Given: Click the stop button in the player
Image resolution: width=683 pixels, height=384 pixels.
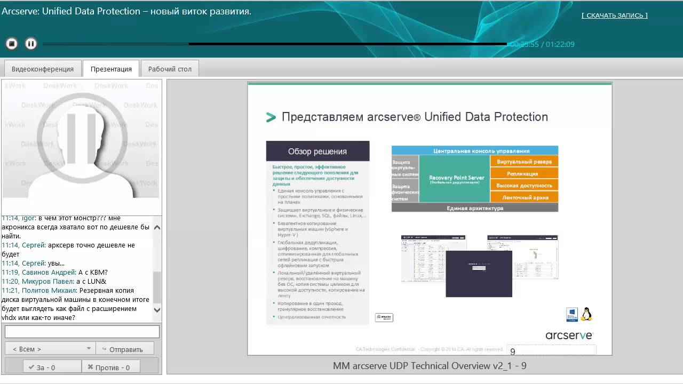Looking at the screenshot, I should [x=12, y=44].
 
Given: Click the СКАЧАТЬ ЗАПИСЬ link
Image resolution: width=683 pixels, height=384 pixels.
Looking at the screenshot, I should [x=615, y=15].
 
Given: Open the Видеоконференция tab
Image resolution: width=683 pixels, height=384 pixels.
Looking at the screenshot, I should [x=43, y=69].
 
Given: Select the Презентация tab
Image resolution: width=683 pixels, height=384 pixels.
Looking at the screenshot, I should [x=111, y=69].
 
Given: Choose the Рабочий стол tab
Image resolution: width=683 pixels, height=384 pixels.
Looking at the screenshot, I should [x=170, y=69].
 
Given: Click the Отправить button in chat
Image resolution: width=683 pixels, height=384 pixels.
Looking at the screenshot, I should [x=125, y=349].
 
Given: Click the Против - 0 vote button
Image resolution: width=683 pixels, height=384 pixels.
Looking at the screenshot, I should [x=110, y=367].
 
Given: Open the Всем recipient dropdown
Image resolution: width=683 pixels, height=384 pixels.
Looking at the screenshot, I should [x=50, y=349].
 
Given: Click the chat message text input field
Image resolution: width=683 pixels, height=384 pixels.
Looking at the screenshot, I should [x=82, y=332].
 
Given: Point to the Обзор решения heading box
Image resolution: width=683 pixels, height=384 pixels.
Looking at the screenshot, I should [x=317, y=151].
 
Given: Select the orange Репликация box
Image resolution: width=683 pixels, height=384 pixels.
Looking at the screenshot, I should [x=524, y=173].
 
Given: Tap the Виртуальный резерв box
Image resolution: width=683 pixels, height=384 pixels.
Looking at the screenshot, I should [x=524, y=161].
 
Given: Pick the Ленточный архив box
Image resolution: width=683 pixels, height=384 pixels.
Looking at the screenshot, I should [x=524, y=197].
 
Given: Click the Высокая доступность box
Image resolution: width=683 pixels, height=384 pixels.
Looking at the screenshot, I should [x=524, y=186].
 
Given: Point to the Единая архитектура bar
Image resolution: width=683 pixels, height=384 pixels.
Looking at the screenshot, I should [x=474, y=208].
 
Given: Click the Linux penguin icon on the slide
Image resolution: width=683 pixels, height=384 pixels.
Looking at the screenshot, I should [x=586, y=314].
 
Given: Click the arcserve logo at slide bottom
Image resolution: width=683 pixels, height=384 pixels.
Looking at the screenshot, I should [x=569, y=335].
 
